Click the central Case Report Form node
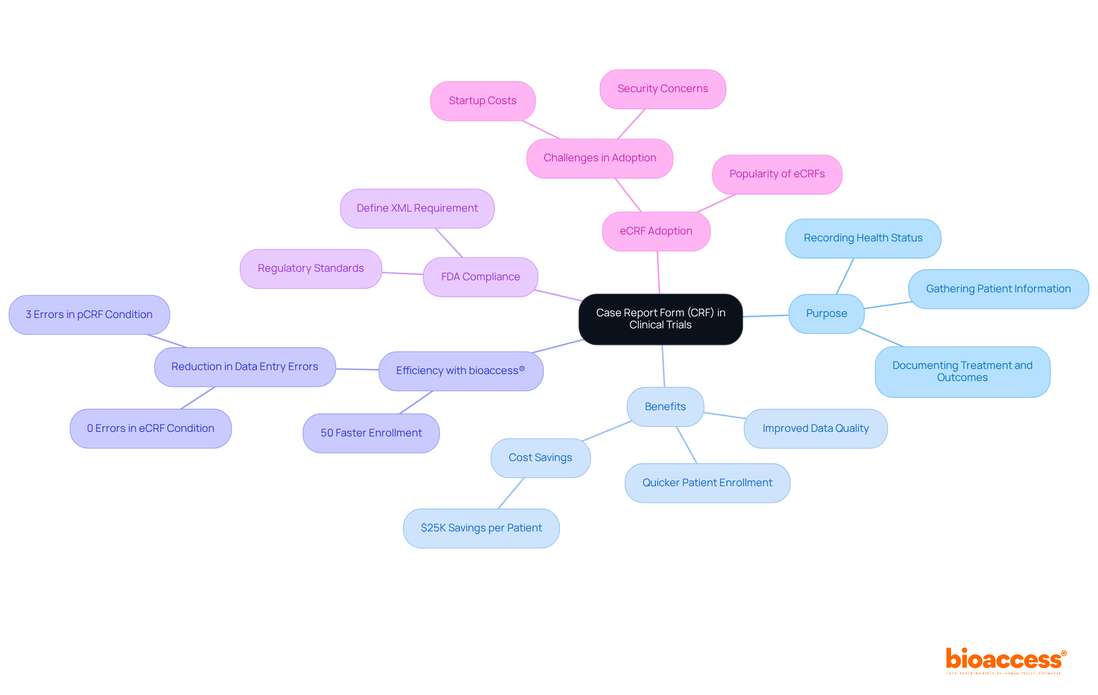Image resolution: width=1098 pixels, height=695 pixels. point(661,319)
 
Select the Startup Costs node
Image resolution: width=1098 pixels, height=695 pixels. point(483,101)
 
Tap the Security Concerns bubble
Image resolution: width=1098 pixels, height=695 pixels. point(662,89)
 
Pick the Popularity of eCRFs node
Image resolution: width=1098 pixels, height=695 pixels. point(777,174)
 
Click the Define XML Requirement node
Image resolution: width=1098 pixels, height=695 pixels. point(417,208)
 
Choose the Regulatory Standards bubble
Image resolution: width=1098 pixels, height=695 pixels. point(311,268)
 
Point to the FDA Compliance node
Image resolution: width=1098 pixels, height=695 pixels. point(480,277)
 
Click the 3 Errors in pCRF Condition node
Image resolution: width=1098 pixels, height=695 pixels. point(89,315)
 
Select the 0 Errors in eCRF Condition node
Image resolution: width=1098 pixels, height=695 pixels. point(150,428)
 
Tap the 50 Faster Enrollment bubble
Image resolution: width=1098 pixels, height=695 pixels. point(371,433)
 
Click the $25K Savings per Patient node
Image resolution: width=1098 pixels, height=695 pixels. point(481,528)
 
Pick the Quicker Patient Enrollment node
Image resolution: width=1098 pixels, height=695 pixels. point(707,483)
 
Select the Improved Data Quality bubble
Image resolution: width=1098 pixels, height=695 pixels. point(815,428)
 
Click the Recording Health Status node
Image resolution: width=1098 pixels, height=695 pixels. point(863,238)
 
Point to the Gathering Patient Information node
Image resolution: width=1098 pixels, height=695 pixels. point(998,289)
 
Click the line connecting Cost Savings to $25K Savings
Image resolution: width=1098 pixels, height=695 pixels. point(511,493)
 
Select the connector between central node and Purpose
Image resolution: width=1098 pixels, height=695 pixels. point(766,316)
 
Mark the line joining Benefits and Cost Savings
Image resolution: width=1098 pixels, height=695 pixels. point(607,431)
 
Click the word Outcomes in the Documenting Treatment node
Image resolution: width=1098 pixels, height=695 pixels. point(962,378)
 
